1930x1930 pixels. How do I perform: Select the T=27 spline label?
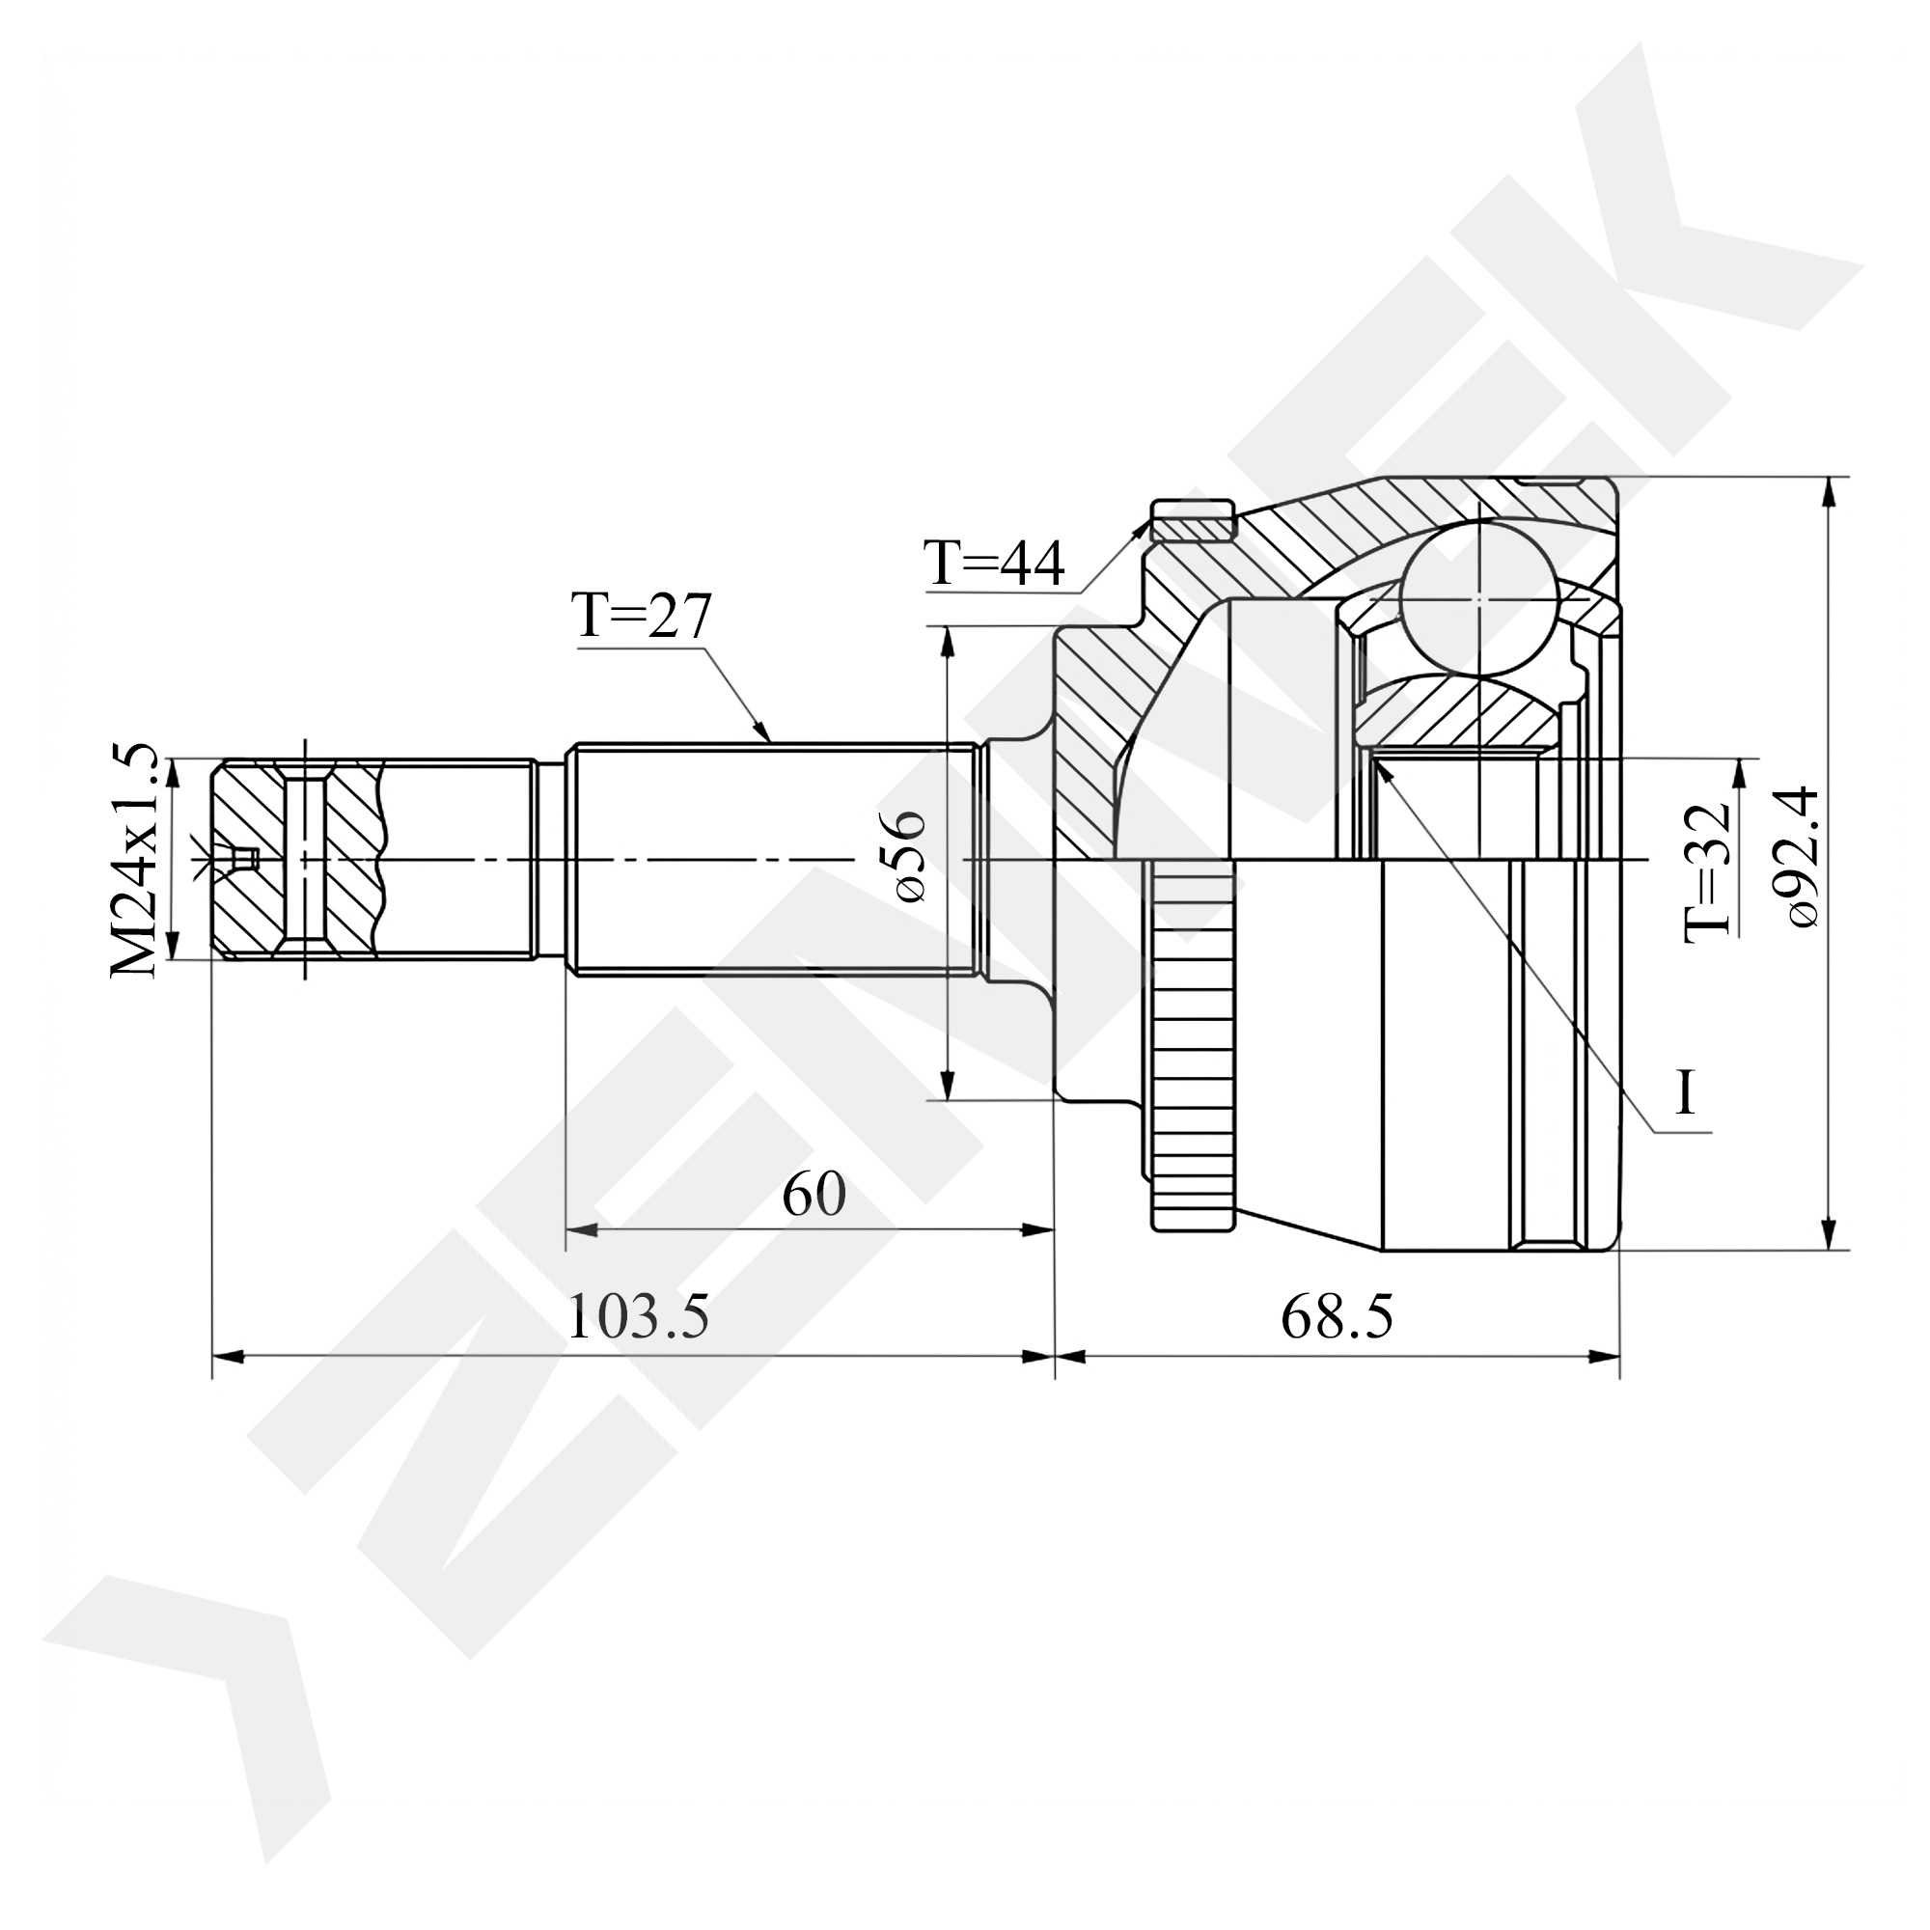coord(641,616)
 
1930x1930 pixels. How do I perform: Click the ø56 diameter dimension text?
coord(904,856)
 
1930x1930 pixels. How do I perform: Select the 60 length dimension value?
coord(813,1194)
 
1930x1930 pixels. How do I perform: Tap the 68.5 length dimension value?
coord(1337,1316)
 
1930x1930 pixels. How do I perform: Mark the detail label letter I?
coord(1686,1093)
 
